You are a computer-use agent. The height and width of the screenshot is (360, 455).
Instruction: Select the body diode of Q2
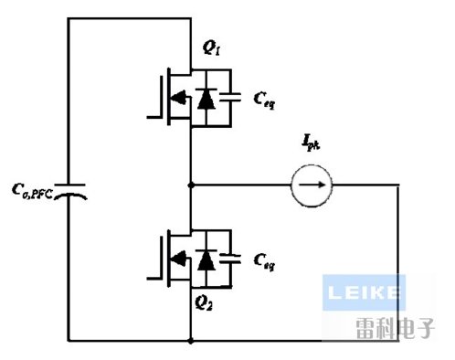(207, 260)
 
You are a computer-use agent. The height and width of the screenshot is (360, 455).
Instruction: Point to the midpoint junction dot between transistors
(190, 185)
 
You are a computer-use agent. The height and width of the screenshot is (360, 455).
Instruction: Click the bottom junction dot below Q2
(190, 341)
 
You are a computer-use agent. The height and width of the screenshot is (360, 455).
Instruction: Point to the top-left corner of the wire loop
(69, 21)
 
